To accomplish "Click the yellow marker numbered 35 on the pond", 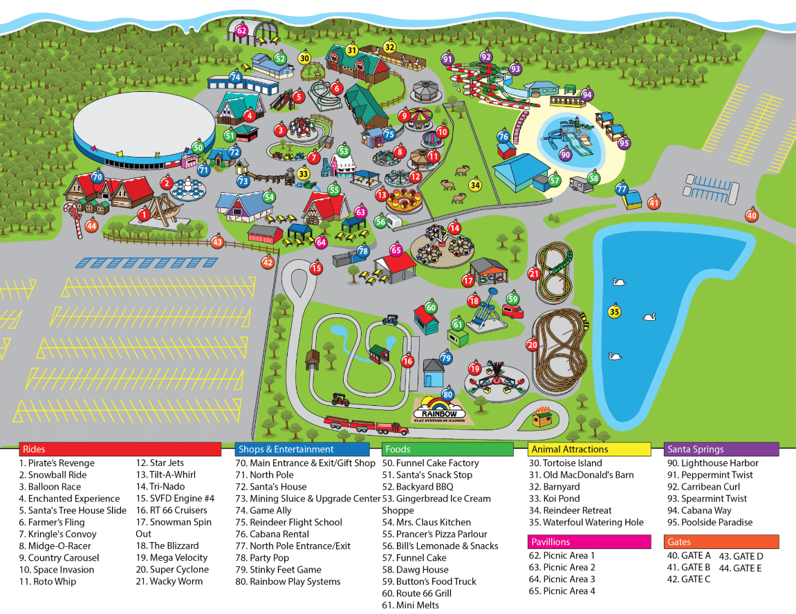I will coord(614,312).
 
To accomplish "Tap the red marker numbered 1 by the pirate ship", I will coord(144,215).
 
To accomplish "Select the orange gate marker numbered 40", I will coord(752,216).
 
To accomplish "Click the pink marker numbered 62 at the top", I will coord(241,30).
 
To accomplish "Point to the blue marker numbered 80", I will coord(448,395).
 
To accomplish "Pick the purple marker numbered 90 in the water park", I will coord(566,155).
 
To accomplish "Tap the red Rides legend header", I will coord(120,449).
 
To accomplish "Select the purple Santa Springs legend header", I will coord(721,449).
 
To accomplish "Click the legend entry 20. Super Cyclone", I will coord(172,570).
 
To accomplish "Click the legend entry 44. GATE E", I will coord(741,568).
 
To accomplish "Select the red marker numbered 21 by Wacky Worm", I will coord(534,274).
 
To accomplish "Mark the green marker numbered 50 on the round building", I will coord(198,147).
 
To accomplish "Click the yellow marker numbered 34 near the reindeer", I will coord(475,185).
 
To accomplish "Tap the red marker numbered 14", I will coord(454,228).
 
